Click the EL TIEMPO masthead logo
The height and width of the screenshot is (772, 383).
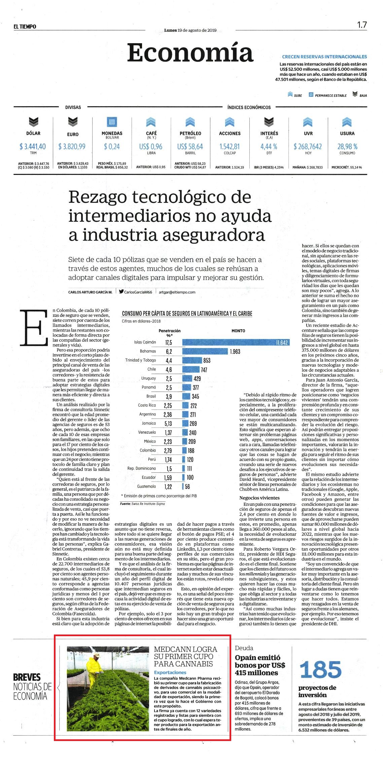tap(25, 27)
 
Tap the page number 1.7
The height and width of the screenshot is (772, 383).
tap(362, 25)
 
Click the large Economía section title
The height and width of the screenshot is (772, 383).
tap(190, 53)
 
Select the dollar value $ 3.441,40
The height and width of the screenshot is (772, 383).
tap(33, 147)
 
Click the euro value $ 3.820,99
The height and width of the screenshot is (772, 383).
tap(72, 147)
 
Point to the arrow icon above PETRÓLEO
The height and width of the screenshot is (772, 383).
tap(190, 122)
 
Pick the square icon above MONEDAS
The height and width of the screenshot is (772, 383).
tap(112, 122)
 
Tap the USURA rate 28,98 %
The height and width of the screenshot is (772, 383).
tap(347, 147)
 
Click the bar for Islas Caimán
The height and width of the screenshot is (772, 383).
tap(236, 342)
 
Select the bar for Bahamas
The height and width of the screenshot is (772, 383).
tap(205, 351)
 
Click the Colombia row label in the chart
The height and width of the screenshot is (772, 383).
tap(148, 450)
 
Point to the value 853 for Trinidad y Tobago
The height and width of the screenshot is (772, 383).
tap(207, 361)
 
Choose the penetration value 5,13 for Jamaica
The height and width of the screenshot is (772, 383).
tap(168, 424)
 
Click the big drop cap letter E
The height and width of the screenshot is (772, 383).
tap(34, 327)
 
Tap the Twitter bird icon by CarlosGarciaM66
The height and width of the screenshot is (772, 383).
tap(121, 292)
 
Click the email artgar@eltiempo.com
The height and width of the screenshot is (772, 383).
tap(177, 292)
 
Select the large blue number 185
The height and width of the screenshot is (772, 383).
tap(320, 669)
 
